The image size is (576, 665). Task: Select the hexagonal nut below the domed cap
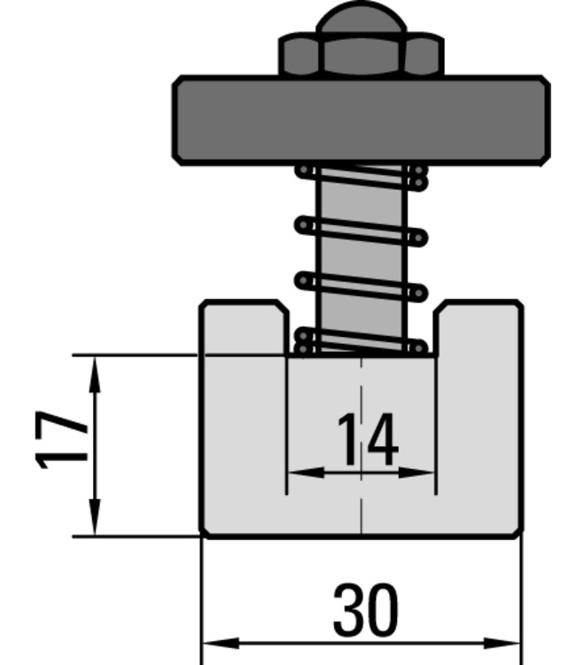tap(361, 57)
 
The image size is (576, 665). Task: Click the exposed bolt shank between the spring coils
tap(361, 254)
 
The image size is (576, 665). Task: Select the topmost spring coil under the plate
tap(361, 176)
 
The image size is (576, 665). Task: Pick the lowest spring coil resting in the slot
tap(361, 343)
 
